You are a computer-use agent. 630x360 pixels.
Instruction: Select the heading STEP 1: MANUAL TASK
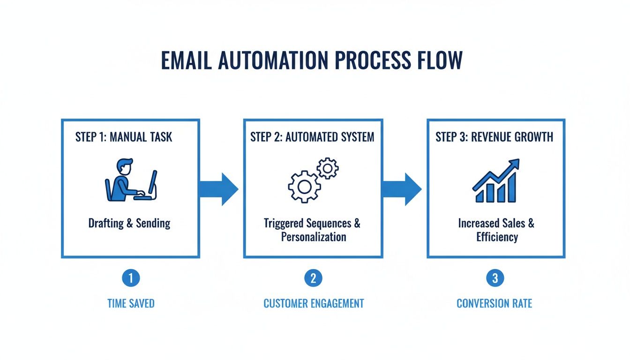coord(124,137)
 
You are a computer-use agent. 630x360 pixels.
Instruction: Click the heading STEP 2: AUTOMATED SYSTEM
coord(312,137)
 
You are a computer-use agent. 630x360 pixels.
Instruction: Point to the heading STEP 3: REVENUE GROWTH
coord(494,137)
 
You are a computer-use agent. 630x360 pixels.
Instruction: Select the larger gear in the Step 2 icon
coord(304,186)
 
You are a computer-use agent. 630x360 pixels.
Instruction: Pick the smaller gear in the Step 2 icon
coord(328,168)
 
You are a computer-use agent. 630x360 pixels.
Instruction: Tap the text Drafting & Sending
coord(129,223)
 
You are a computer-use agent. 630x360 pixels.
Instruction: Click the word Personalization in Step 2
coord(313,237)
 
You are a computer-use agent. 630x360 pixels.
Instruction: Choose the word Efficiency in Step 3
coord(497,237)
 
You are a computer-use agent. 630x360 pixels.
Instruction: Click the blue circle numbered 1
coord(131,278)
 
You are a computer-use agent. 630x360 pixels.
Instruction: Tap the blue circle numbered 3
coord(495,278)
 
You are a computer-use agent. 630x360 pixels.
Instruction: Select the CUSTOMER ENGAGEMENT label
coord(314,304)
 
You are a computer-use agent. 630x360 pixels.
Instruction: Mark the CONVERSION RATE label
coord(495,304)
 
